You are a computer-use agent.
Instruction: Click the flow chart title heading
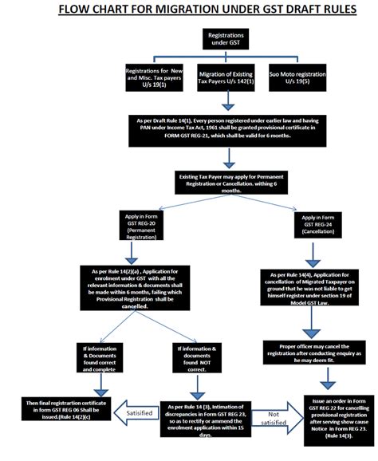pos(189,10)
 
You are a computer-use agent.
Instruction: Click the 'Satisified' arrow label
pos(137,412)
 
